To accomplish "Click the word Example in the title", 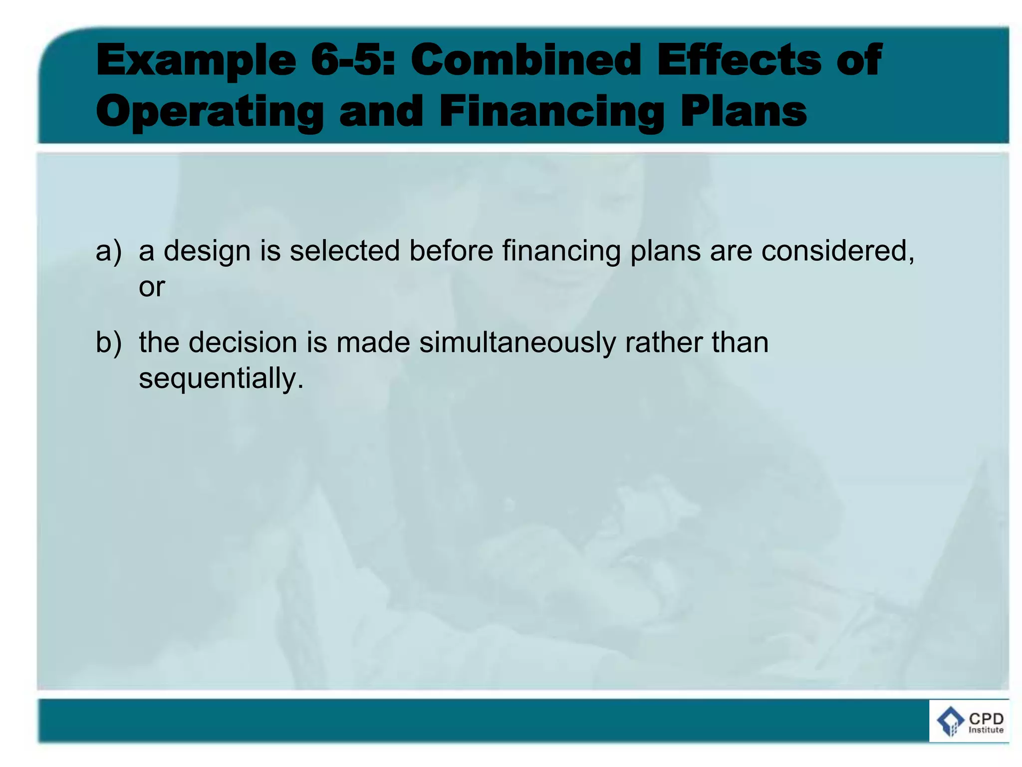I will [x=196, y=61].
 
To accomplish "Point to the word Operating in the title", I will [x=210, y=112].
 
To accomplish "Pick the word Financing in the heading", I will [x=551, y=112].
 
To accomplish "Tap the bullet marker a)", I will [x=108, y=251].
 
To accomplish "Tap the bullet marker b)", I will [x=108, y=343].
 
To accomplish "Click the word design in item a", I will [x=207, y=251].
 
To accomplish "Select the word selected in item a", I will [x=345, y=251].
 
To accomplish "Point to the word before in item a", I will [x=451, y=251].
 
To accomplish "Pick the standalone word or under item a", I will [x=152, y=287].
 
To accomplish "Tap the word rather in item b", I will [x=663, y=343].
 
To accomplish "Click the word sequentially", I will [x=221, y=379].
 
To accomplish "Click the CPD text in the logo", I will [x=986, y=719].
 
